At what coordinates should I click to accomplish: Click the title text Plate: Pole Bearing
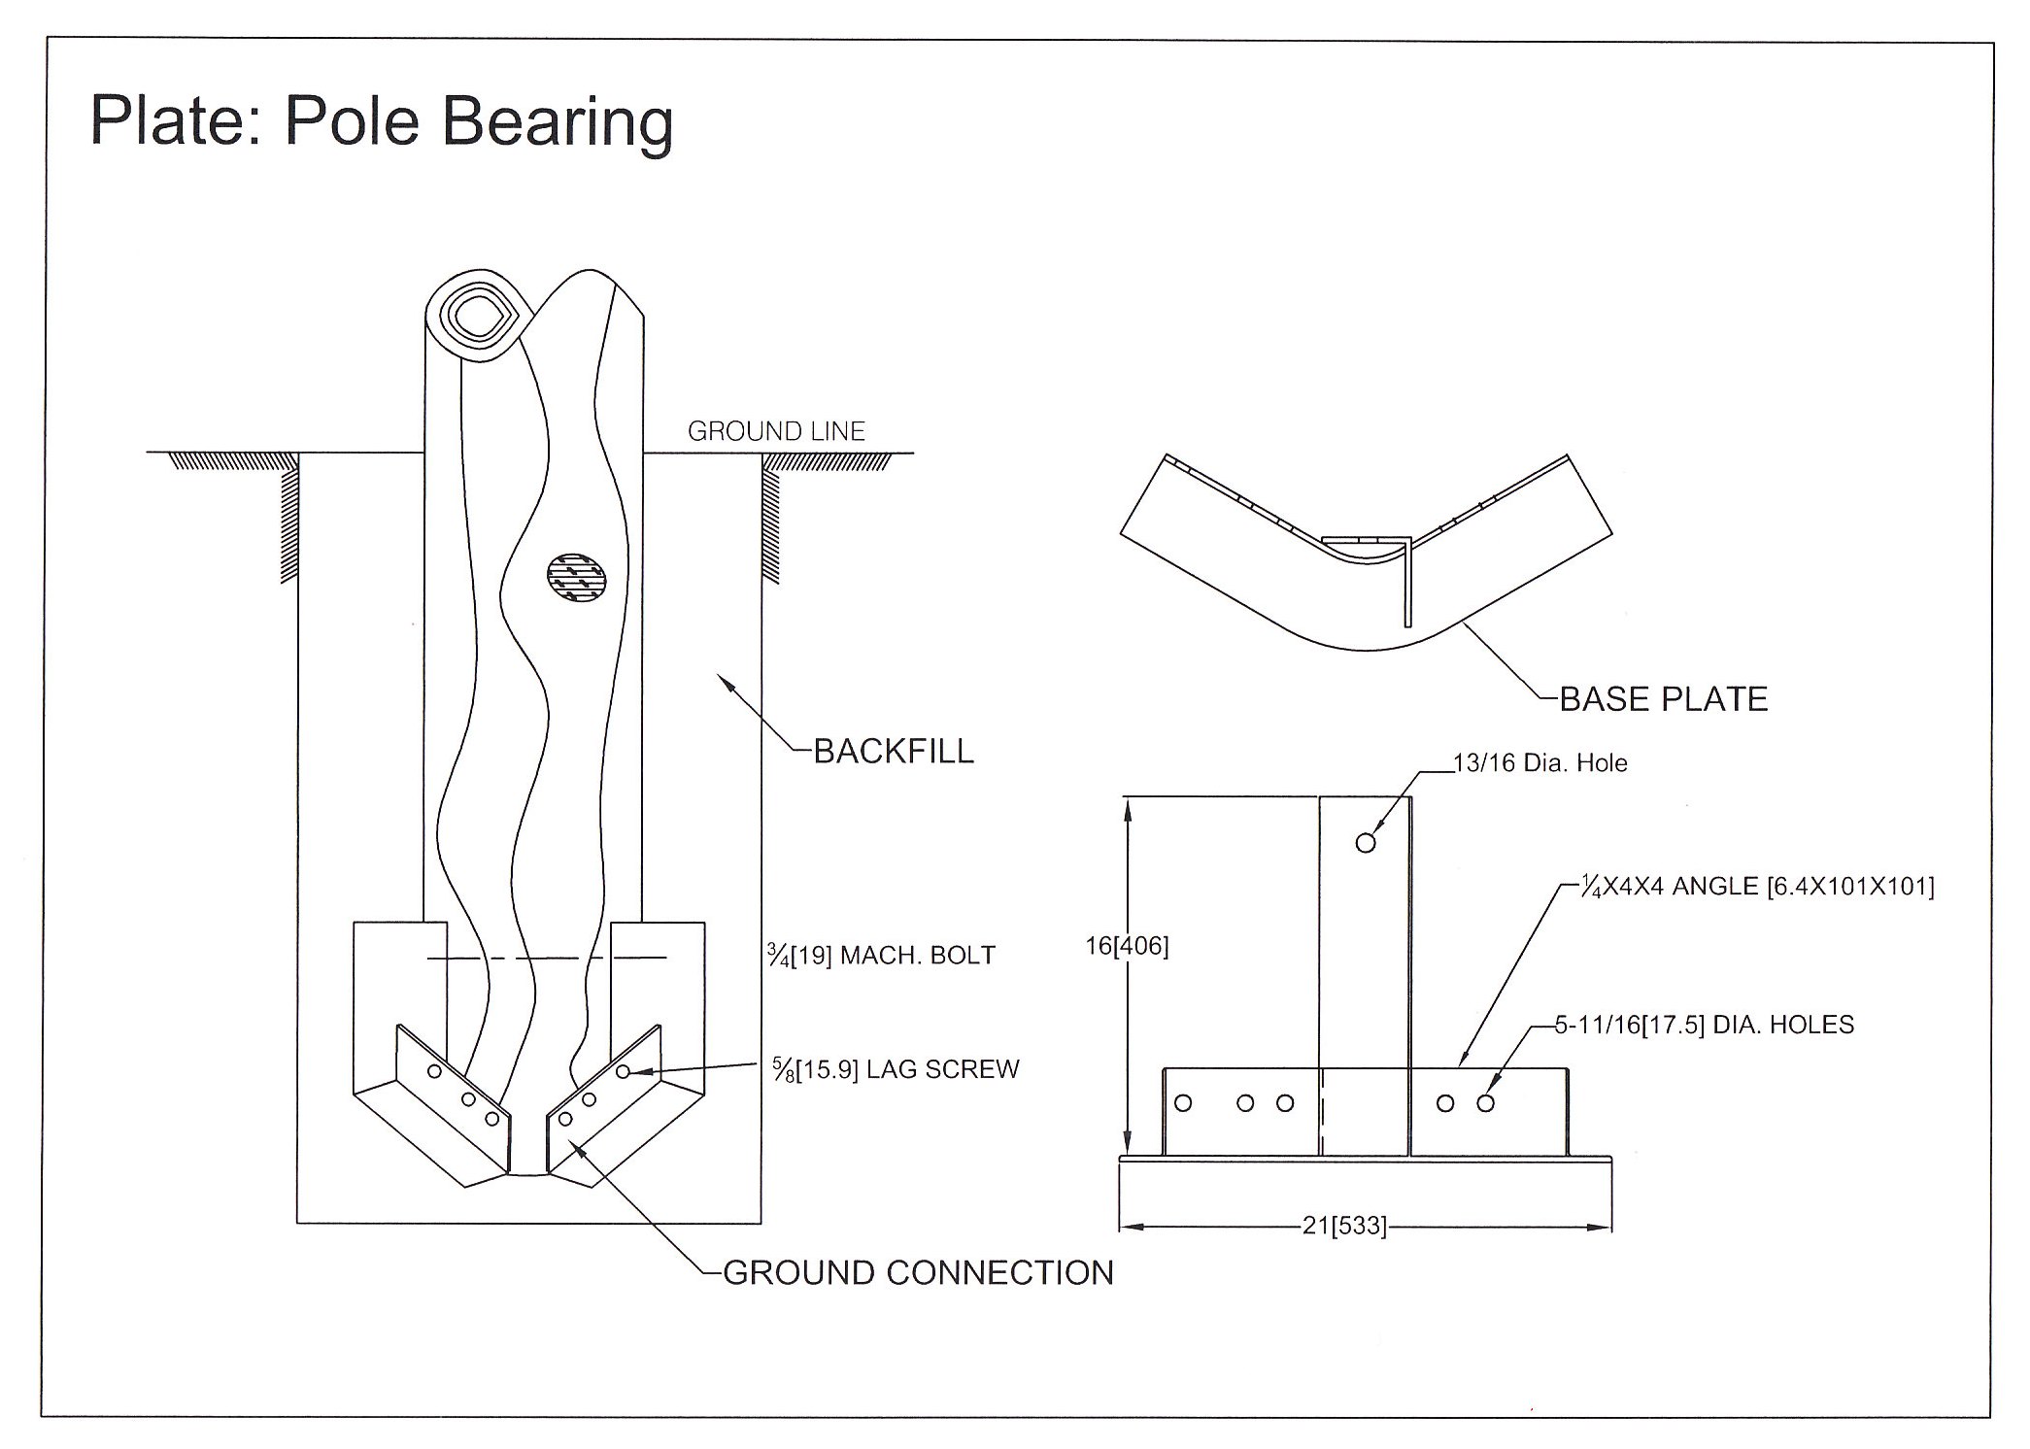click(381, 121)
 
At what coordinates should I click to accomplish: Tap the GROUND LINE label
click(776, 431)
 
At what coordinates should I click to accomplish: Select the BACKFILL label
click(894, 752)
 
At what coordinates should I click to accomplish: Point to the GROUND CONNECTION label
click(918, 1272)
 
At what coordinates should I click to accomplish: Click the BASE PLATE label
click(1663, 699)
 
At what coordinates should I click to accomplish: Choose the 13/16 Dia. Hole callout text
click(1539, 763)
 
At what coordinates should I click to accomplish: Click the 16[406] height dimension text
click(1127, 946)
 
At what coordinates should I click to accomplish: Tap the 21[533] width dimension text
click(1344, 1226)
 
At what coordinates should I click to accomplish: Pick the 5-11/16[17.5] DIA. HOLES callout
click(1705, 1025)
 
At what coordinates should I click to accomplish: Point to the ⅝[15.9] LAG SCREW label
click(896, 1069)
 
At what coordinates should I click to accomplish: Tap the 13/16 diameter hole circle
click(1366, 842)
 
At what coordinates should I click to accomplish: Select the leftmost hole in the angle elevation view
click(1183, 1102)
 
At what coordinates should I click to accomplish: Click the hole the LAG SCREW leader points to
click(623, 1071)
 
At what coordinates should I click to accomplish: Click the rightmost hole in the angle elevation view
click(1485, 1103)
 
